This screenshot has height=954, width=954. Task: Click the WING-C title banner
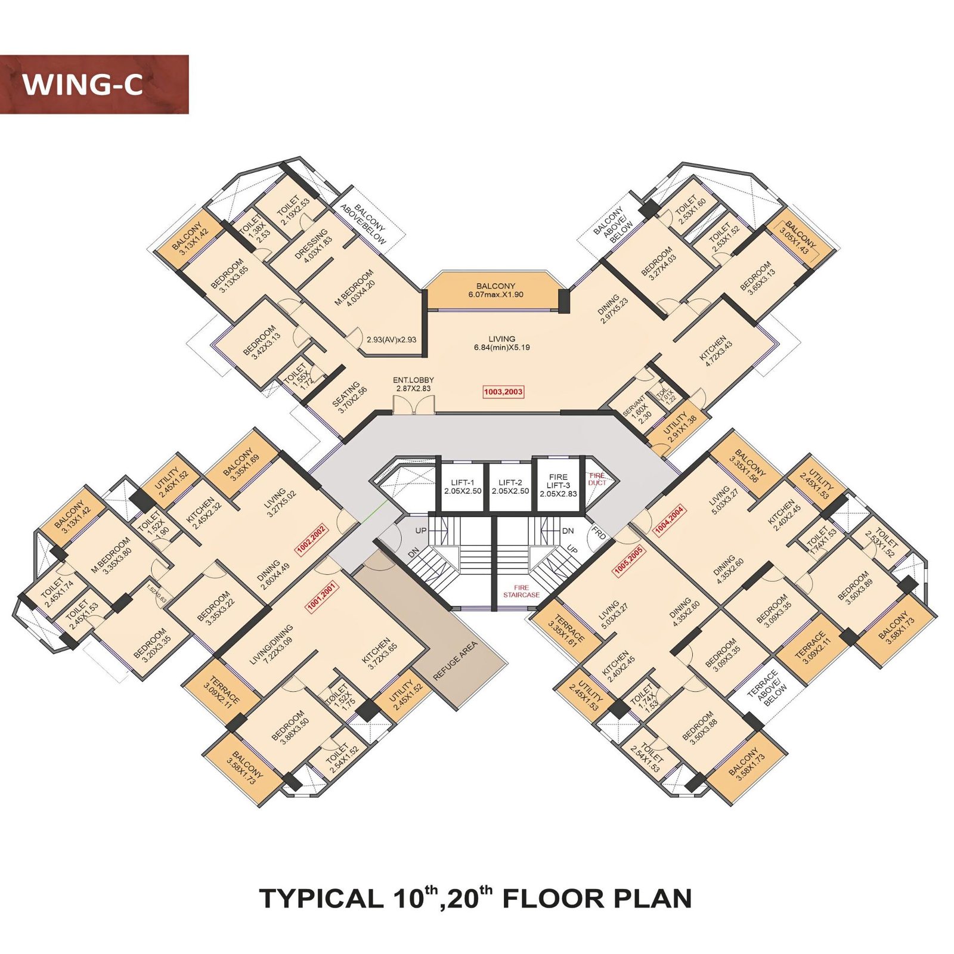click(x=94, y=84)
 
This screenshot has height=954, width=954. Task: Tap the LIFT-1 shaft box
click(x=462, y=487)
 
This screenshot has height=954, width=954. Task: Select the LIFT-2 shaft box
click(x=510, y=487)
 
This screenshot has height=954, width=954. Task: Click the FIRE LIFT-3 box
click(x=558, y=485)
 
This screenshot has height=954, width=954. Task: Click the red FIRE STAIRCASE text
click(x=521, y=591)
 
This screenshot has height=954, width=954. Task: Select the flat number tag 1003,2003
click(x=503, y=392)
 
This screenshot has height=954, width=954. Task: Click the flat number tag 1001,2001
click(x=322, y=597)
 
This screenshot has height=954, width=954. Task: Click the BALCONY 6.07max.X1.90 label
click(x=495, y=290)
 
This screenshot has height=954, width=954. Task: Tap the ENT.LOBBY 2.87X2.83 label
click(x=413, y=384)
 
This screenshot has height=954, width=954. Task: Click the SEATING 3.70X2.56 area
click(x=349, y=398)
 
